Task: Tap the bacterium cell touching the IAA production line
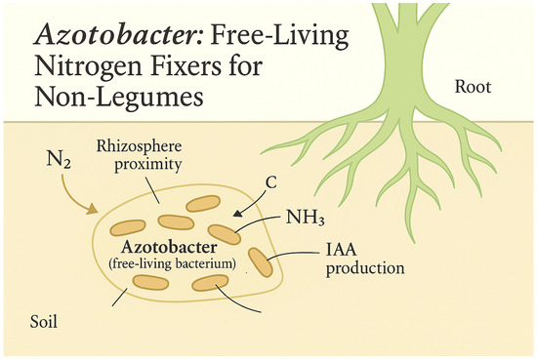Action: point(262,260)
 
